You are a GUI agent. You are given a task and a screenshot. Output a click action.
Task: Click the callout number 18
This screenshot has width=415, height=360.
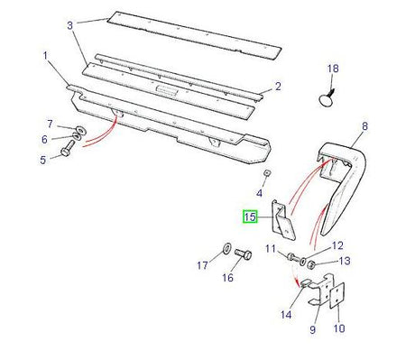point(334,69)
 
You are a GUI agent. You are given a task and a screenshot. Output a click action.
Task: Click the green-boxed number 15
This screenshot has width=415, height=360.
point(249,217)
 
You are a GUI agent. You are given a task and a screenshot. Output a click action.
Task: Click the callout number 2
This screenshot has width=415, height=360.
point(278,87)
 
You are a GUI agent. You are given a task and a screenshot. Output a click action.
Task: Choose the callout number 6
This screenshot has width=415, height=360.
point(42,139)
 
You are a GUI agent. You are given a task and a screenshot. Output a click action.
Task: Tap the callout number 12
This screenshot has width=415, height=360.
point(337,245)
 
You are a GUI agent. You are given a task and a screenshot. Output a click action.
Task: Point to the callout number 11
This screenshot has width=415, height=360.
point(268,248)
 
